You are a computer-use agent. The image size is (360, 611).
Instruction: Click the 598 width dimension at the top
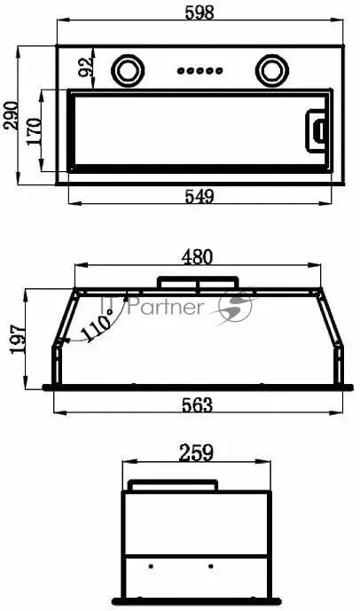(x=200, y=12)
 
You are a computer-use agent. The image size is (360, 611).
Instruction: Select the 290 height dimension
(x=11, y=115)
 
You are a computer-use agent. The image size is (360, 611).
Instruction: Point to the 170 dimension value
(x=34, y=131)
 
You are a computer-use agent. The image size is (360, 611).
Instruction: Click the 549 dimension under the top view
(x=200, y=197)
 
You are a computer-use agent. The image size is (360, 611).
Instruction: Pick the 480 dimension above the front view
(x=198, y=257)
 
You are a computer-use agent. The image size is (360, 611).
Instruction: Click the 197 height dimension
(x=18, y=340)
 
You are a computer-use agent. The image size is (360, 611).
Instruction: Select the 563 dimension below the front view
(x=198, y=405)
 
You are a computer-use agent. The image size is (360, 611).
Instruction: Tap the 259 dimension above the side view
(x=196, y=453)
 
